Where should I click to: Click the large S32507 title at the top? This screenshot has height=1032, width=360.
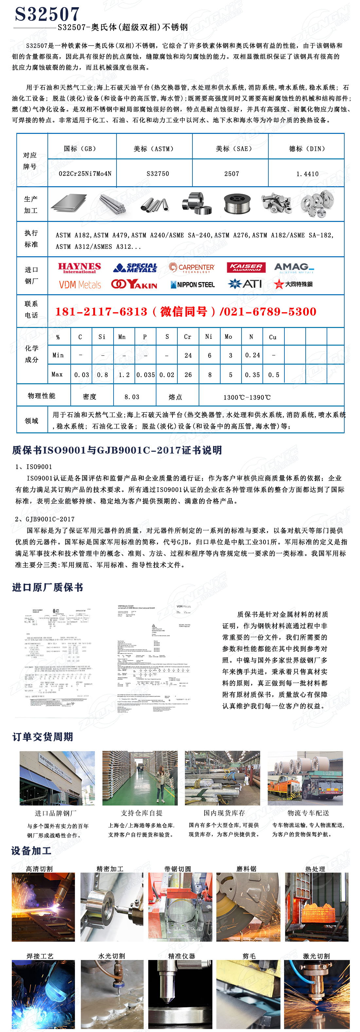tap(47, 14)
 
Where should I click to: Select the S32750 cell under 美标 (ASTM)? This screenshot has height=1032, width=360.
tap(157, 173)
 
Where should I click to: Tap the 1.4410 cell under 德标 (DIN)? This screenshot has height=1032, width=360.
tap(307, 174)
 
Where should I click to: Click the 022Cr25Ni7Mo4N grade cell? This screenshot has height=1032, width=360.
tap(85, 173)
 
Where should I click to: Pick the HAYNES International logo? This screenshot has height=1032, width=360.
tap(79, 268)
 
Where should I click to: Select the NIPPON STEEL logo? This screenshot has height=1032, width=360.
tap(193, 284)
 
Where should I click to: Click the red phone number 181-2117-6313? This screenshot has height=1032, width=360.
tap(101, 311)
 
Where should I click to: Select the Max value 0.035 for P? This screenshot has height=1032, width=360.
tap(145, 374)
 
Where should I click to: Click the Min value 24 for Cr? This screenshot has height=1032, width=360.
tap(188, 355)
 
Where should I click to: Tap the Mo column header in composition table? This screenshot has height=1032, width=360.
tap(228, 336)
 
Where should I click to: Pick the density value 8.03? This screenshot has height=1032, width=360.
tap(132, 397)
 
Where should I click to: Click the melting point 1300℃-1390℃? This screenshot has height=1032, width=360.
tap(247, 397)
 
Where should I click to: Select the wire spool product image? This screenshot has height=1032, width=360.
tap(237, 204)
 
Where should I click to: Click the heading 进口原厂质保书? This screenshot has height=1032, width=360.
tap(48, 587)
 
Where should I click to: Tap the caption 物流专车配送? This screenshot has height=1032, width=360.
tap(308, 813)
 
